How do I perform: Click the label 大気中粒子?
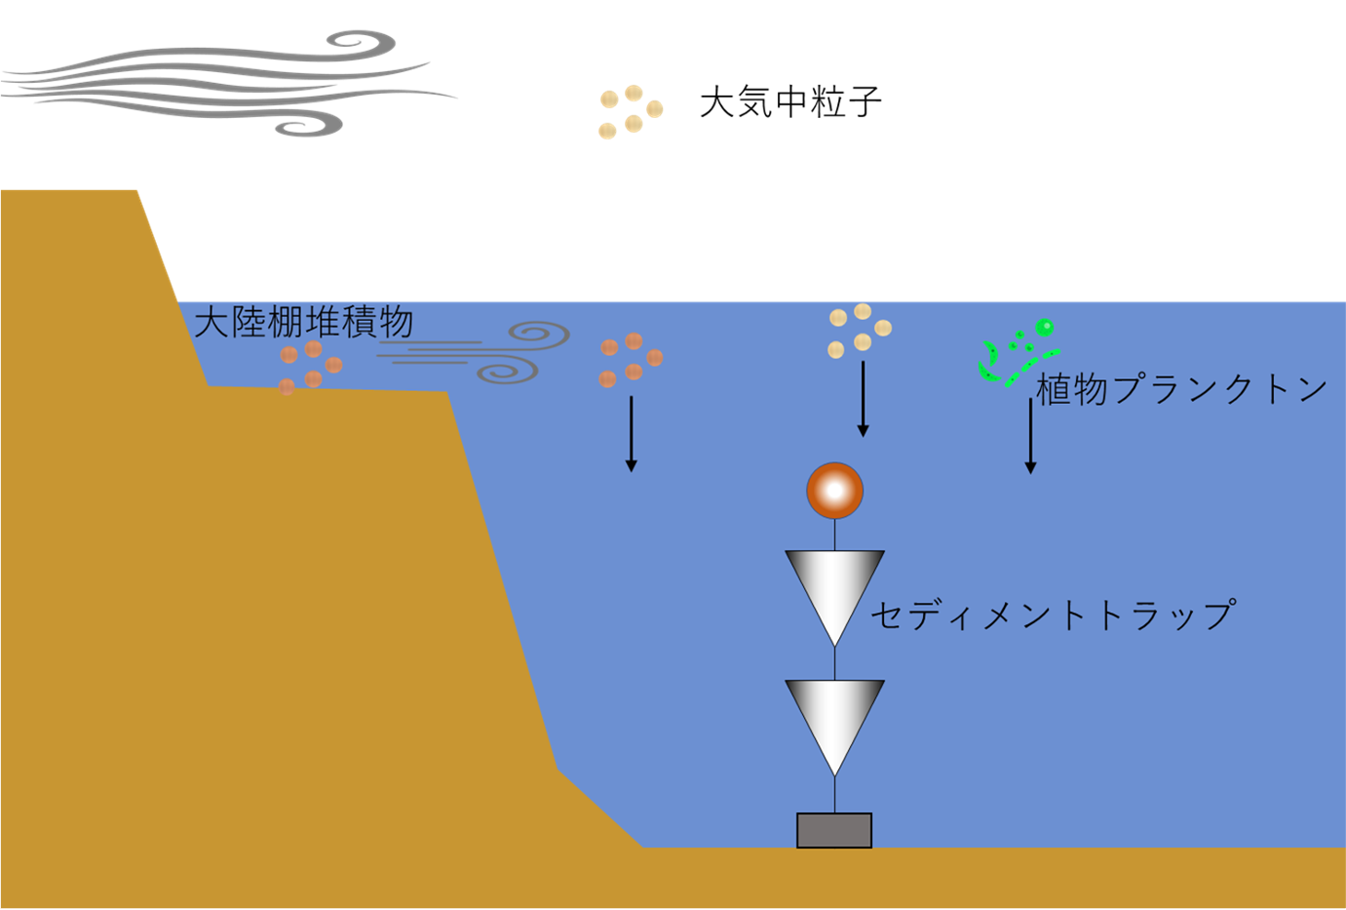(x=790, y=101)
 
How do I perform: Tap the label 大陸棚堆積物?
(x=303, y=322)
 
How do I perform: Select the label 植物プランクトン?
(x=1181, y=389)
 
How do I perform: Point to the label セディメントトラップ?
(x=1054, y=614)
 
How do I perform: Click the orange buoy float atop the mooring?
(x=834, y=491)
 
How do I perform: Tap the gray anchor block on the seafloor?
(x=834, y=831)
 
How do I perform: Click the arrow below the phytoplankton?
(x=1030, y=436)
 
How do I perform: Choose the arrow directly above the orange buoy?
(x=863, y=399)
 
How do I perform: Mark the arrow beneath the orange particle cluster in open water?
(x=631, y=434)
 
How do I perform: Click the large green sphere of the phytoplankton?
(x=1045, y=327)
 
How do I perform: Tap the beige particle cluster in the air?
(x=631, y=112)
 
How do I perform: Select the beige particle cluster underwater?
(x=860, y=331)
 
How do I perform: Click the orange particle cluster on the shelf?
(x=311, y=368)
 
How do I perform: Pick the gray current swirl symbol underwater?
(x=474, y=352)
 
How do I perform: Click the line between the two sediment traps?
(x=834, y=663)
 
